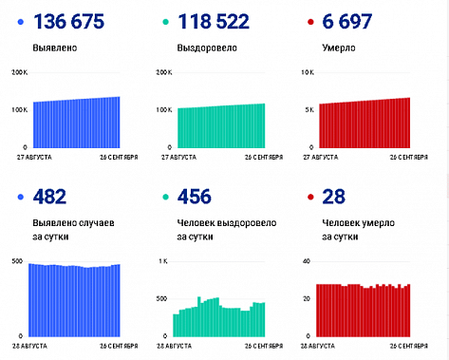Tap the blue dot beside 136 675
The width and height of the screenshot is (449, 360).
pos(20,22)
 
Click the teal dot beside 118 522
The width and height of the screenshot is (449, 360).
pos(167,22)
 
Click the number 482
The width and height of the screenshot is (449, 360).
pos(48,197)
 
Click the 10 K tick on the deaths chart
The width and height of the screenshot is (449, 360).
pos(307,72)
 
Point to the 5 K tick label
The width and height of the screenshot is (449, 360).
pos(309,110)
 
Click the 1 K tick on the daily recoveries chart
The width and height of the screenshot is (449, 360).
pos(163,260)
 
